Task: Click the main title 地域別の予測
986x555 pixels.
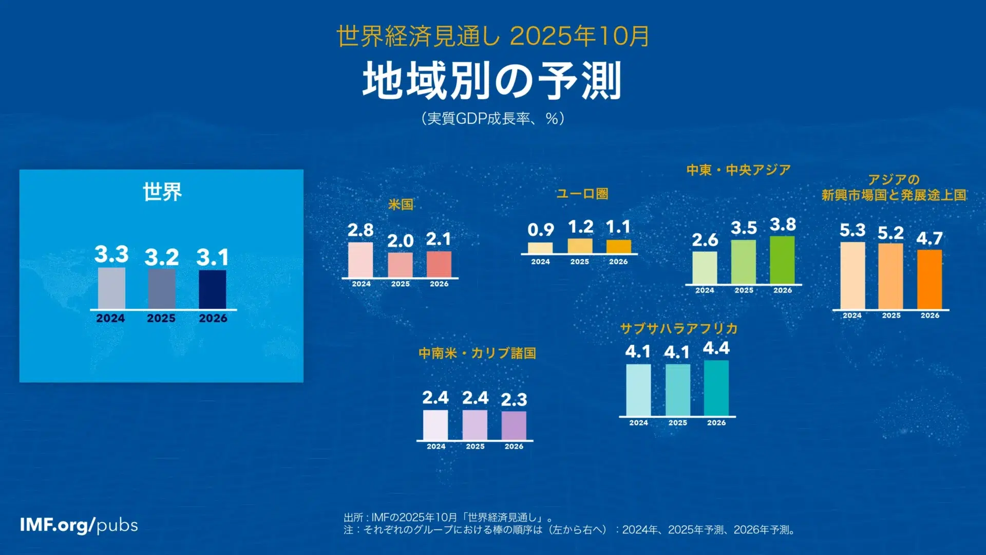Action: [x=492, y=81]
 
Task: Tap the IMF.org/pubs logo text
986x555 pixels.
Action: [x=79, y=525]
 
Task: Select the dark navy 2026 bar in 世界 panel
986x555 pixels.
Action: [x=212, y=289]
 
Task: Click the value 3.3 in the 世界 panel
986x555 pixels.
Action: [x=111, y=254]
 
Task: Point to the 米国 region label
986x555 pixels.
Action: [x=401, y=205]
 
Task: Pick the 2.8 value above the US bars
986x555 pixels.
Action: [x=361, y=230]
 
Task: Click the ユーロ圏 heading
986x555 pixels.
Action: [x=582, y=194]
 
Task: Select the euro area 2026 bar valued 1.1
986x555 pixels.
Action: [x=618, y=247]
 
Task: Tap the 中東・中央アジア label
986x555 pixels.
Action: [x=738, y=170]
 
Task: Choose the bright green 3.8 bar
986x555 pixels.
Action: [x=782, y=260]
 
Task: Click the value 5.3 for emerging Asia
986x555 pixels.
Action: [x=852, y=230]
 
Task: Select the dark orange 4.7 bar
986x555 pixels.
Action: [x=930, y=279]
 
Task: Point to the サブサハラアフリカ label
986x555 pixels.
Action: [x=679, y=329]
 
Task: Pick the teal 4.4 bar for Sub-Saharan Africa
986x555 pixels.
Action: [x=716, y=388]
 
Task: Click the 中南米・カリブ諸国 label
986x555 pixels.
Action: [x=477, y=354]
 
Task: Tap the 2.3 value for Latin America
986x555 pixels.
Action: [x=514, y=400]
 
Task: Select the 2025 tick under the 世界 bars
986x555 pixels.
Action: [x=161, y=319]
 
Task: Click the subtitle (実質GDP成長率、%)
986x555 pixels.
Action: [x=493, y=119]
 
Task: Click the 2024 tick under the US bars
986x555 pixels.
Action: [x=361, y=284]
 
